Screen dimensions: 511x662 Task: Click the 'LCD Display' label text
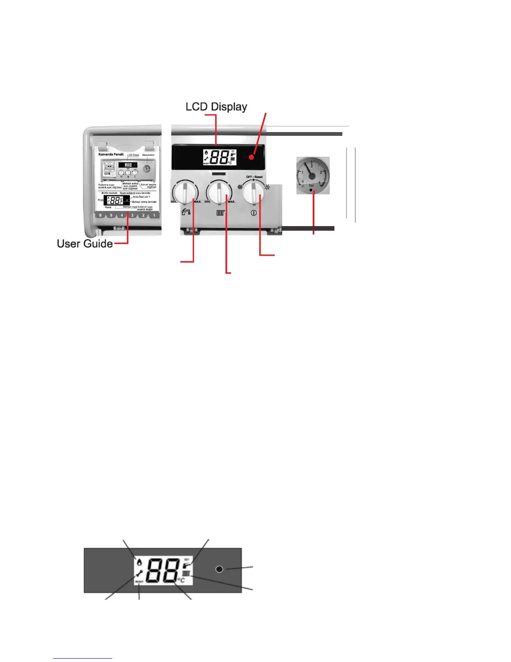(x=216, y=107)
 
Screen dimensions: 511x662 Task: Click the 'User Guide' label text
(x=85, y=244)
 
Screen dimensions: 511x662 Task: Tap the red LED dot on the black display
(x=251, y=157)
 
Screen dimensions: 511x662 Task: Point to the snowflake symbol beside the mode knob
(x=240, y=187)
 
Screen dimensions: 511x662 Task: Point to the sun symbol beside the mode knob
(x=267, y=187)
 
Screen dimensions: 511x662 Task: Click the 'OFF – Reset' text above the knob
(x=254, y=177)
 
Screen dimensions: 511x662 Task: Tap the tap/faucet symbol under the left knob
(x=186, y=212)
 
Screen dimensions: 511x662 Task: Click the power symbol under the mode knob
(x=254, y=213)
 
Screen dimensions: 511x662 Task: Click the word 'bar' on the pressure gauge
(x=311, y=185)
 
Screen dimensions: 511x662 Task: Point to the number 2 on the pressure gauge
(x=312, y=166)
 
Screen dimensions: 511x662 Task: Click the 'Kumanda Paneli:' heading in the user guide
(x=111, y=154)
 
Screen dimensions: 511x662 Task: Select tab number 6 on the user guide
(x=100, y=216)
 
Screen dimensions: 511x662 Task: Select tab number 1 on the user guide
(x=154, y=216)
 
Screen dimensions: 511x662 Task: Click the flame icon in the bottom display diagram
(x=138, y=562)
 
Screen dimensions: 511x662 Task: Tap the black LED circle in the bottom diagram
(x=219, y=569)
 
